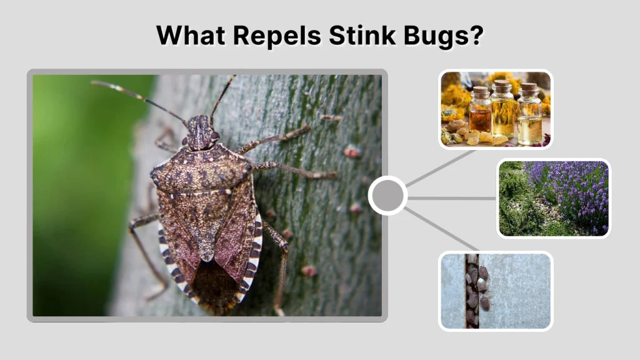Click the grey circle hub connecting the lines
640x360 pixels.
coord(388,196)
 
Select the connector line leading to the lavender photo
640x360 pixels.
coord(452,198)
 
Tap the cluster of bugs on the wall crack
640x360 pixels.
coord(476,287)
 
